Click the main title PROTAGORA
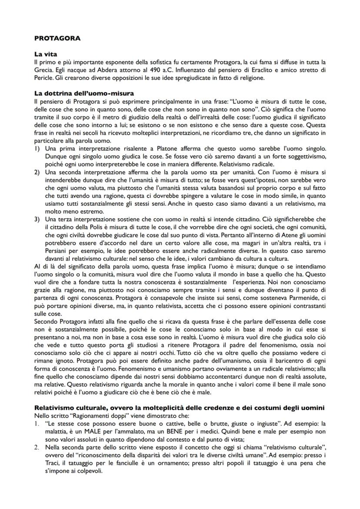pyautogui.click(x=57, y=38)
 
